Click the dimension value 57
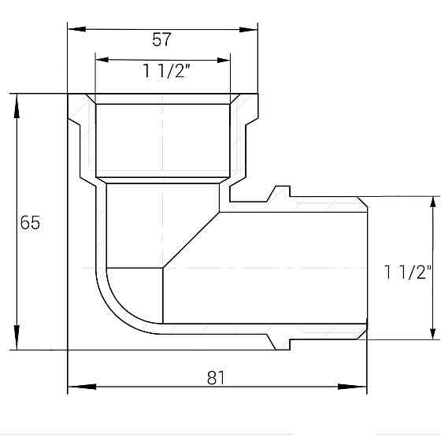pyautogui.click(x=162, y=39)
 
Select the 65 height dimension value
pyautogui.click(x=29, y=223)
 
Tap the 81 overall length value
pyautogui.click(x=216, y=378)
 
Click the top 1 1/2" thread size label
pyautogui.click(x=163, y=72)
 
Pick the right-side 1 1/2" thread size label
pyautogui.click(x=409, y=272)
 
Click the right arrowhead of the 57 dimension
pyautogui.click(x=250, y=30)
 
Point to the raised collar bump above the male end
pyautogui.click(x=280, y=191)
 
